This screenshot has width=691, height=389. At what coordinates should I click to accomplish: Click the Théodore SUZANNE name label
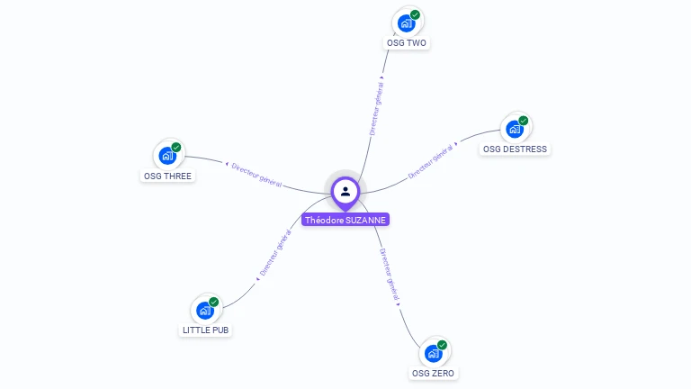point(345,220)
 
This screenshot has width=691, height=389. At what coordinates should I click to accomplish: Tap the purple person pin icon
point(345,191)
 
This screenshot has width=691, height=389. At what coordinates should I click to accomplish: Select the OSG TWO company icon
point(407,23)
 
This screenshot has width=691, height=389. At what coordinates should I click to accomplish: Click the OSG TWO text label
point(407,43)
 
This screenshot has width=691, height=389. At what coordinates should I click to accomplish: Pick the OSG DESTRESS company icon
point(515,129)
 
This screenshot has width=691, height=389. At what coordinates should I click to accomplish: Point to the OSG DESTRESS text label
point(515,149)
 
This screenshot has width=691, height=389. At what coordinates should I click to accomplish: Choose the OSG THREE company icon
point(167,156)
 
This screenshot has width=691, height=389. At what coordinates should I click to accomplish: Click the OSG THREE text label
point(167,176)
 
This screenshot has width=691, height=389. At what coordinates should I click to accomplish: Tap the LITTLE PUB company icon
point(206,311)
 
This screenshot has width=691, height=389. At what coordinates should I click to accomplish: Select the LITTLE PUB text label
point(206,330)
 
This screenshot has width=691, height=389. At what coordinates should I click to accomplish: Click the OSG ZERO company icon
point(434,353)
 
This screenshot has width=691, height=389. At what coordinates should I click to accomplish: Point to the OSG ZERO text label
point(434,373)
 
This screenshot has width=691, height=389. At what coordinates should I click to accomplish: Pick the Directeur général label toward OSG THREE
point(256,175)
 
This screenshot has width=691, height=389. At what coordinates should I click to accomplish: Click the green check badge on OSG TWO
point(415,14)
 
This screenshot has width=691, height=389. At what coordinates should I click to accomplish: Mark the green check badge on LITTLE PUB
point(214,303)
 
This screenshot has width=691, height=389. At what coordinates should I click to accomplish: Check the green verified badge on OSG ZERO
point(442,345)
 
